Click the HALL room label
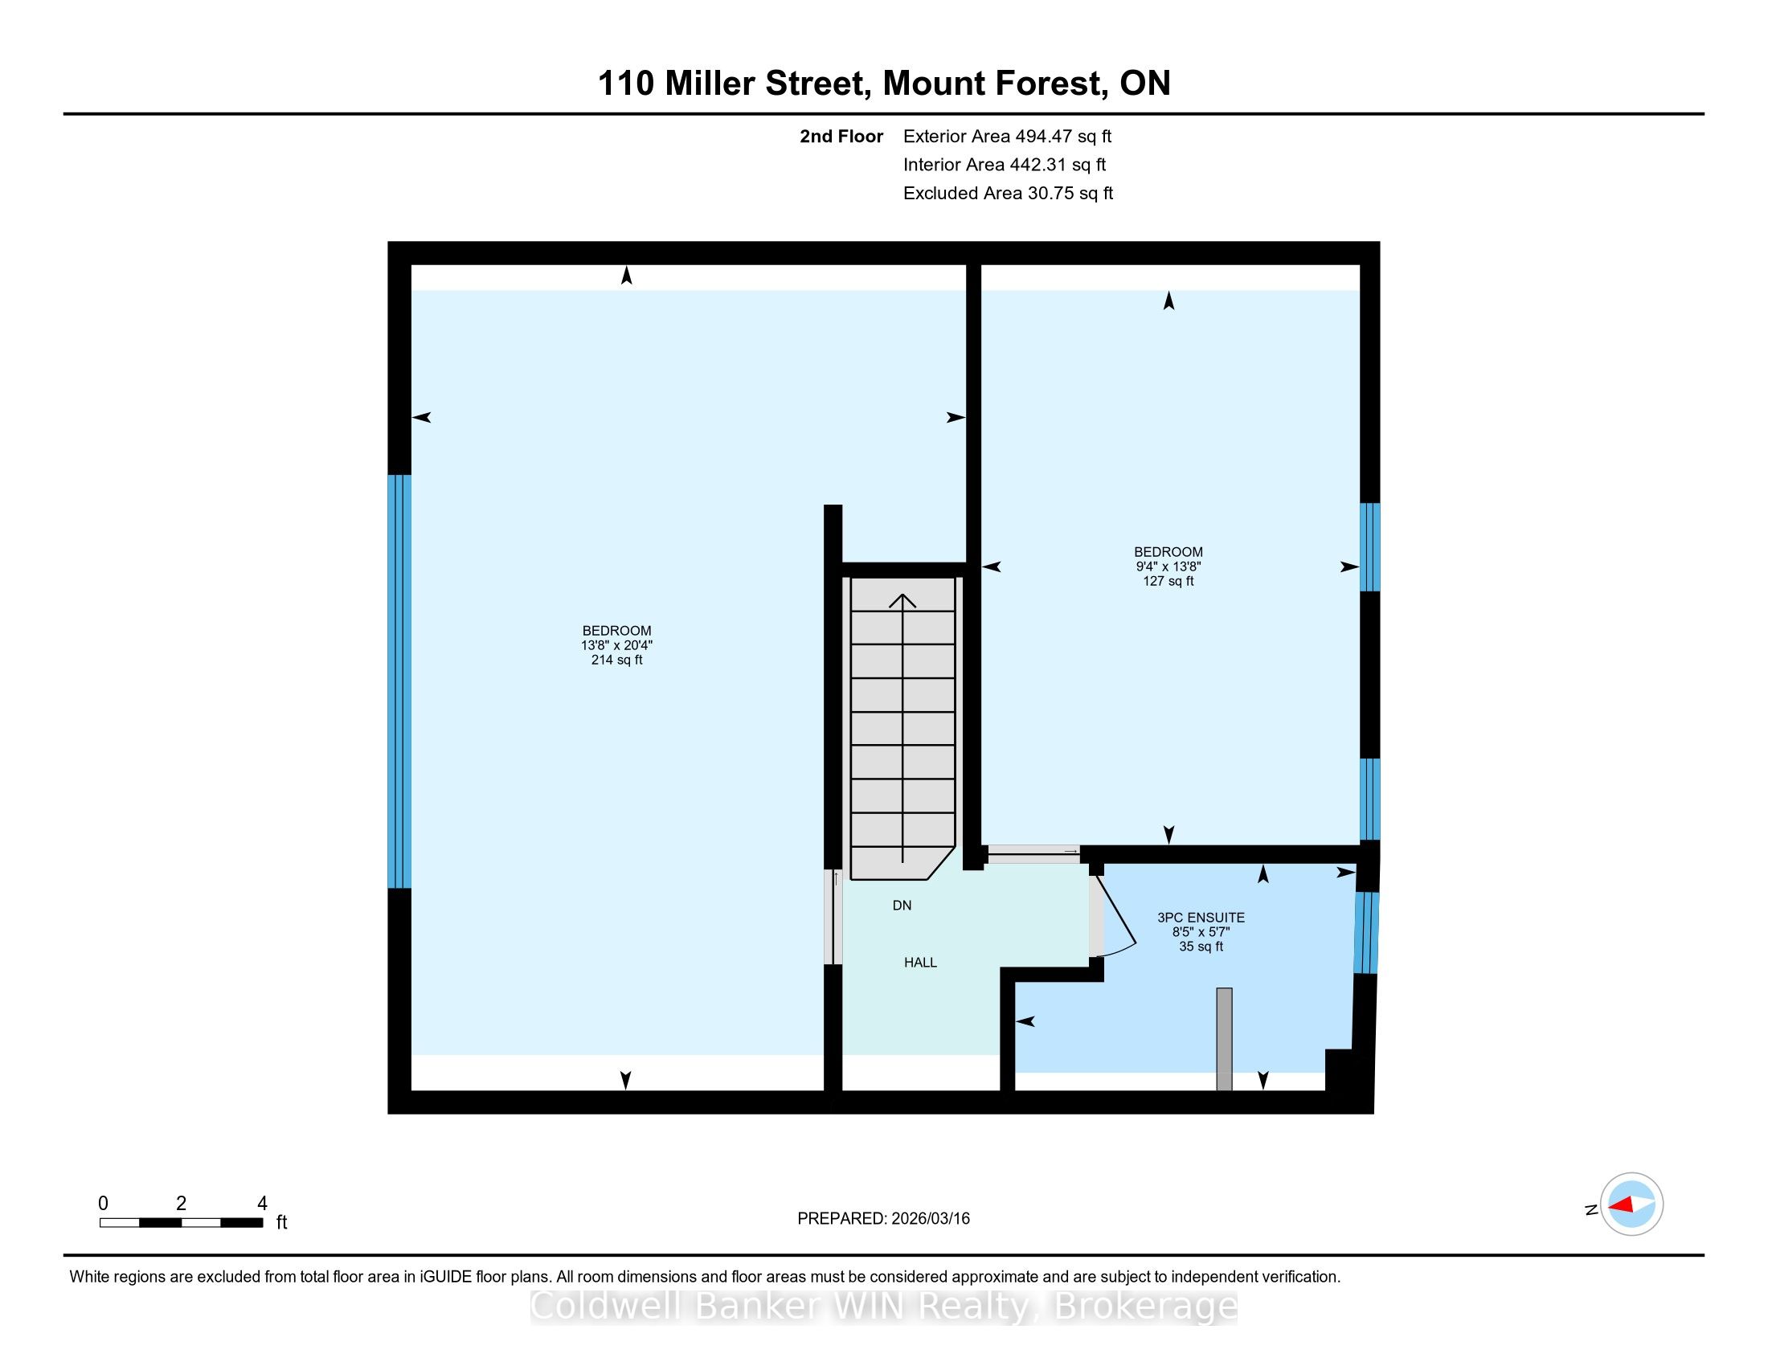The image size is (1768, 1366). [x=920, y=962]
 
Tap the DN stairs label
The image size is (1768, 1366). [x=902, y=906]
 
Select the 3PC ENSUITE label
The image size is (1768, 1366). [x=1201, y=918]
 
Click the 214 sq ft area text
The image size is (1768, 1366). [x=617, y=660]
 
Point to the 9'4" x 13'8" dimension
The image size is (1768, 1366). [x=1168, y=566]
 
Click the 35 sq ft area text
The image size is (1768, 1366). [x=1201, y=946]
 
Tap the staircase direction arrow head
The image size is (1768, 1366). [x=902, y=600]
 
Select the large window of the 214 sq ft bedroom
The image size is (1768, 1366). [x=399, y=681]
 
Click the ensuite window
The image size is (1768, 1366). [x=1365, y=932]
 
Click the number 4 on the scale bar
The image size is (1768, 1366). [x=261, y=1204]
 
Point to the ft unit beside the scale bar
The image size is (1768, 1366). [x=282, y=1222]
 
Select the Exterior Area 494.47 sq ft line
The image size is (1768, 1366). [x=1007, y=136]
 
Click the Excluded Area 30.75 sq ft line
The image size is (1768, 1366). [x=1008, y=193]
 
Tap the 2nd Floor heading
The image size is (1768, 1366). [x=841, y=136]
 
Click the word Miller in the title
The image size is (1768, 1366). [x=710, y=84]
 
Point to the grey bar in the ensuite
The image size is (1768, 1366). [x=1224, y=1039]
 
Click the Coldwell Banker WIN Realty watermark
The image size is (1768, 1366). [x=884, y=1306]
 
